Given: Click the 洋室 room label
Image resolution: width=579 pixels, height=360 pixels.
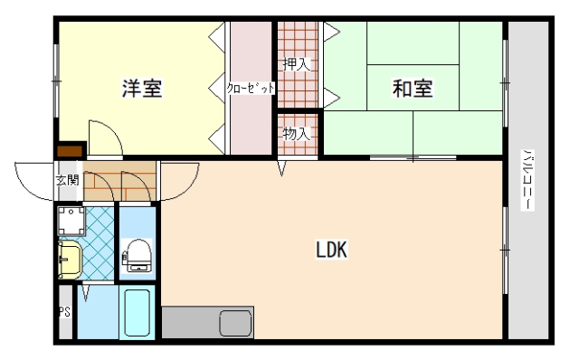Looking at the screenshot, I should point(142,89).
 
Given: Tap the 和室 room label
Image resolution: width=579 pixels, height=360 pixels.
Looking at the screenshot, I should point(412,89).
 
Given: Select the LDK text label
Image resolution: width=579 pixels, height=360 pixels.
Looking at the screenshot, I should point(332,250).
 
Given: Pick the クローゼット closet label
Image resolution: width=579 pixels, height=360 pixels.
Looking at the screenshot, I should point(250,89).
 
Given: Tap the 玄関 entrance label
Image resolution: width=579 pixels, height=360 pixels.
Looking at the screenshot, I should point(67,180).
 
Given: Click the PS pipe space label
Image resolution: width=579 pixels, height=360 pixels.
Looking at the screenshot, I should point(64,312).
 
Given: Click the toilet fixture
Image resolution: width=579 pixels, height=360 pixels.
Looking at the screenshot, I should point(138,254).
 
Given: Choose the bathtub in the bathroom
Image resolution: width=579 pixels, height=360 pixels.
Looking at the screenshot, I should point(138,313).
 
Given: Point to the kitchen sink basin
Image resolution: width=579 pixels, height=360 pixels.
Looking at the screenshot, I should point(234,322).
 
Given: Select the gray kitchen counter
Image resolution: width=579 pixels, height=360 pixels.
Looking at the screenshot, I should point(195,322).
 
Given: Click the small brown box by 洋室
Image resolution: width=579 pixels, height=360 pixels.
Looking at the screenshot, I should point(71,150).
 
